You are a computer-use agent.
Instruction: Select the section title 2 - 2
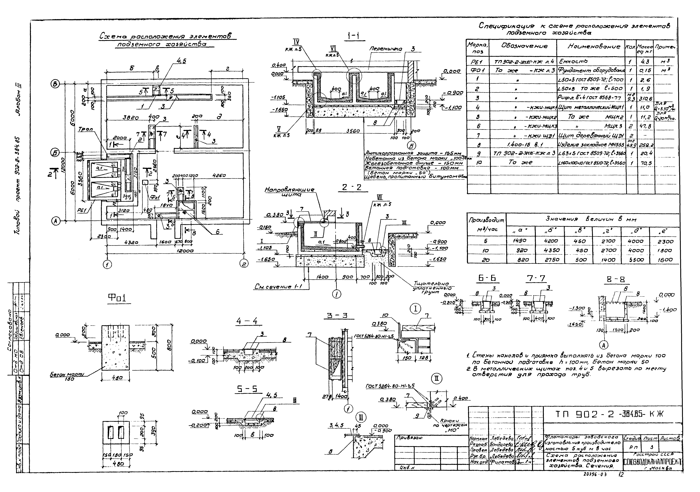click(x=351, y=187)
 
